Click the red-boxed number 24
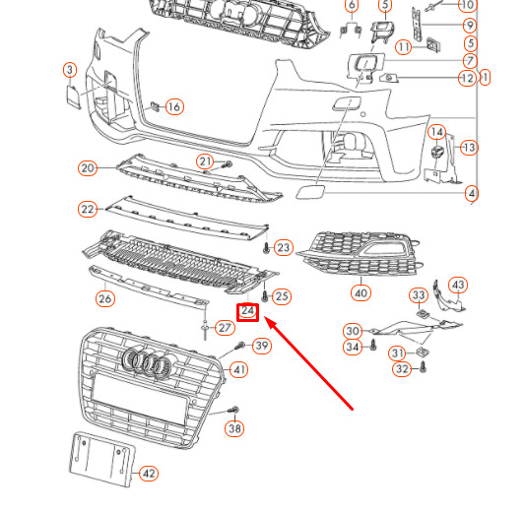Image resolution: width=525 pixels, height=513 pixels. [248, 312]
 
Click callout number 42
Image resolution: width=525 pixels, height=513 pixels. [148, 474]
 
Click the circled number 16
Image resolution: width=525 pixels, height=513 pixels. [173, 106]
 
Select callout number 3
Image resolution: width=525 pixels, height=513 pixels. [69, 70]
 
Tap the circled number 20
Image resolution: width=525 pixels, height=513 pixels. [88, 168]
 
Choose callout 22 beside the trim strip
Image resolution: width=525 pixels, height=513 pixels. [88, 209]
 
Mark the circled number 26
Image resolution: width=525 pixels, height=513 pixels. [104, 298]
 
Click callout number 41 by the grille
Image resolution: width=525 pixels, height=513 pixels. [238, 370]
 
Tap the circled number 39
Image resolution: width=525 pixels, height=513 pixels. [261, 346]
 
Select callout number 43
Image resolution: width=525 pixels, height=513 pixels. [458, 285]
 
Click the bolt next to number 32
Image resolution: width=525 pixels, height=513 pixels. [424, 366]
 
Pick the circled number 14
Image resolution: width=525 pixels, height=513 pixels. [436, 131]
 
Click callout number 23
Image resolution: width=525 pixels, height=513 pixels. [284, 247]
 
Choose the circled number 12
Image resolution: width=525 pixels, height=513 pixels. [467, 78]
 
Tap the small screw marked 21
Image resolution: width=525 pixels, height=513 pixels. [226, 163]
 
